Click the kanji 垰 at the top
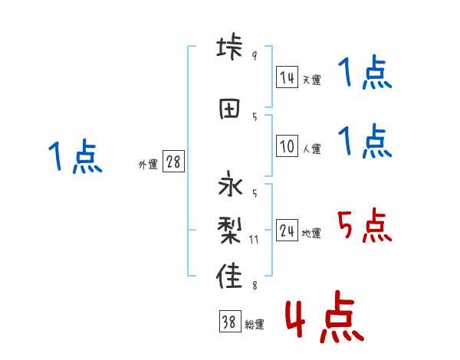[230, 47]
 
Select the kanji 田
[230, 108]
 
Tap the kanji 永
[230, 187]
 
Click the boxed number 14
[287, 77]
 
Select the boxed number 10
[287, 146]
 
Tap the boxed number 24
[287, 231]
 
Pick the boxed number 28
[173, 162]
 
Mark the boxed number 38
[229, 322]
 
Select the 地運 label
[310, 234]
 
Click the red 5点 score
[363, 227]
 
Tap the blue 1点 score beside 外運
[74, 157]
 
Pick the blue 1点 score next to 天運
[364, 74]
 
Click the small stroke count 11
[255, 240]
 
